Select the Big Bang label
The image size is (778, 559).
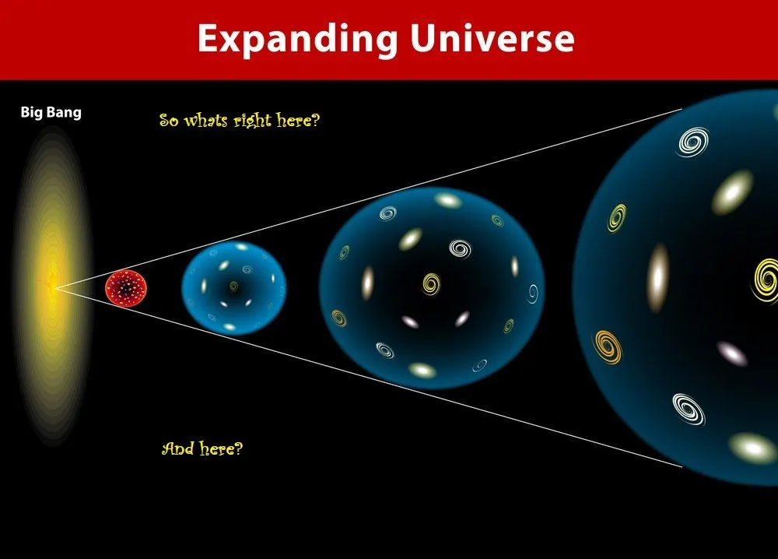[51, 113]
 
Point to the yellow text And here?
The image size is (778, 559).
[202, 449]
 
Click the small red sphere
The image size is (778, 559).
[126, 287]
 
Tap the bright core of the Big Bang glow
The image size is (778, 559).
[52, 287]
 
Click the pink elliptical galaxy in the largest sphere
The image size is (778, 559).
[732, 353]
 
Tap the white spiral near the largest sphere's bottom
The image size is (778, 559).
[689, 409]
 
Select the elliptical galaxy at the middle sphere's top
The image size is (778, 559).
[447, 200]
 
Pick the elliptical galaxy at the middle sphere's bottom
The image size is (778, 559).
[422, 370]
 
